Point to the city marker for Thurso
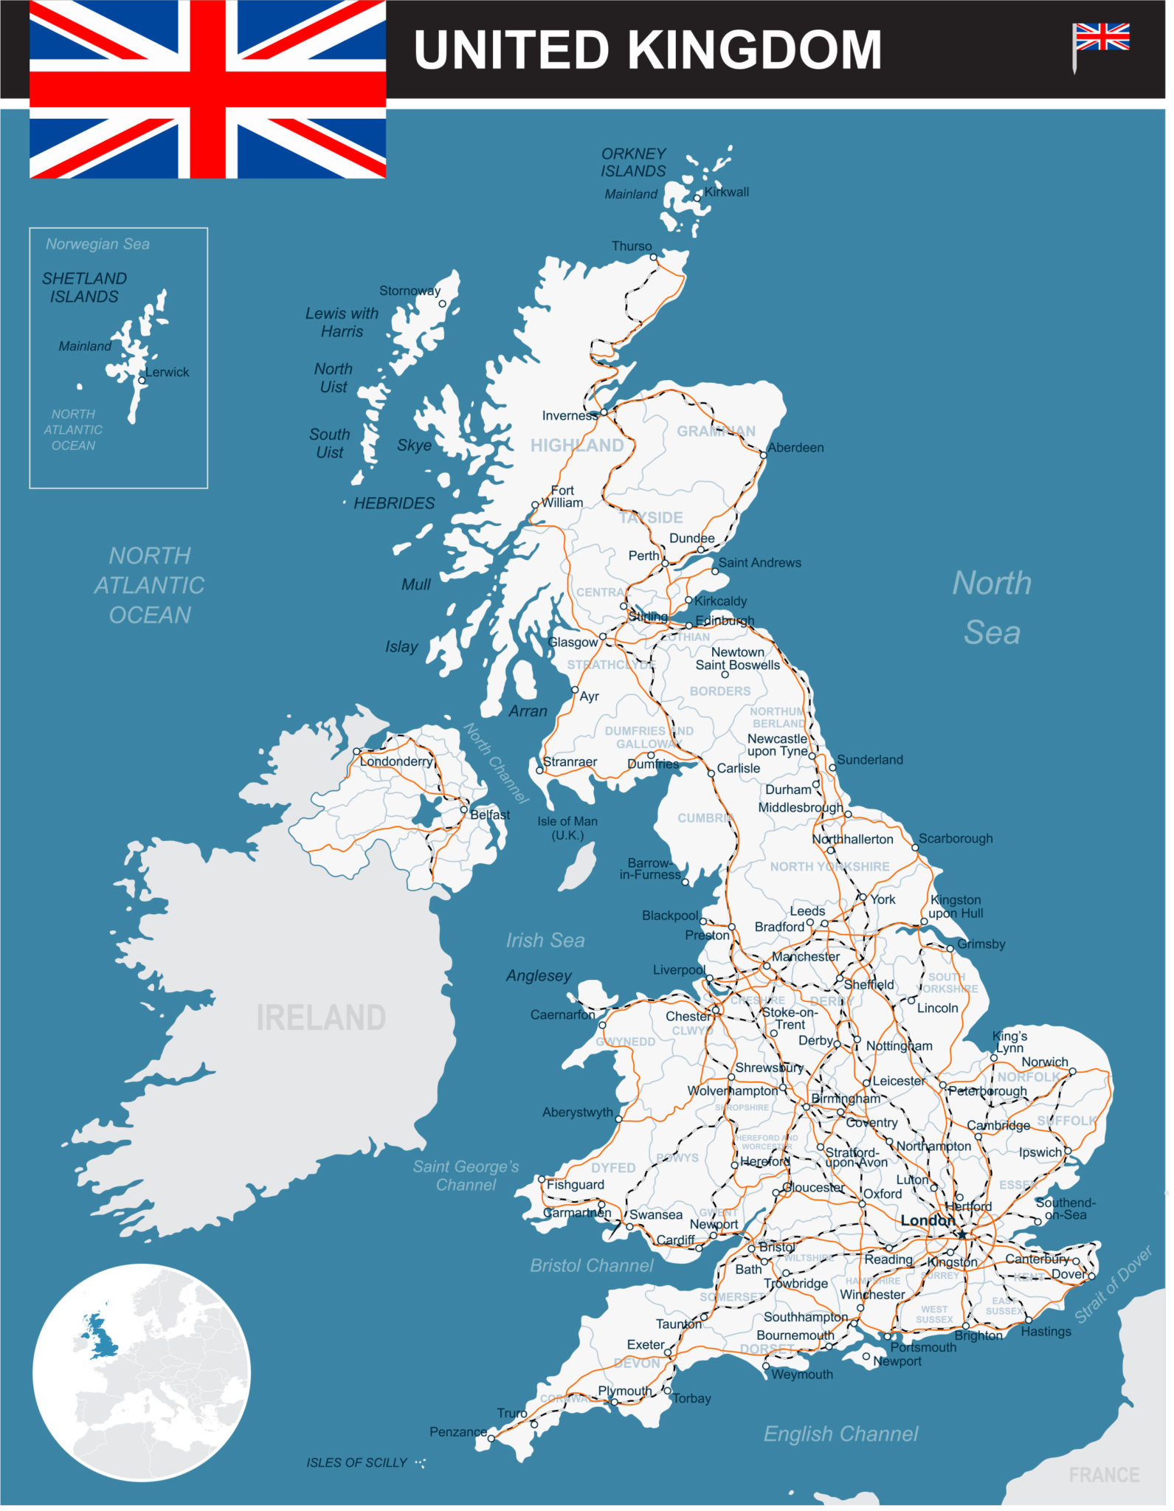tap(654, 257)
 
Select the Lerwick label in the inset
tap(168, 373)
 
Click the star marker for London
tap(962, 1235)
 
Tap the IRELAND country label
tap(321, 1018)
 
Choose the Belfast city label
tap(490, 815)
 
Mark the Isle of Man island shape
tap(579, 867)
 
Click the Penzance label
tap(458, 1432)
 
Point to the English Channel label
tap(840, 1434)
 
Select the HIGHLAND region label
tap(577, 446)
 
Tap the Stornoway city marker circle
tap(443, 304)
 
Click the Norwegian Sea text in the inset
tap(97, 244)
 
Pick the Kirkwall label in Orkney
tap(727, 193)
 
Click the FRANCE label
tap(1104, 1476)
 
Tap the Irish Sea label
tap(545, 941)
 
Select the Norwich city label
tap(1045, 1062)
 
